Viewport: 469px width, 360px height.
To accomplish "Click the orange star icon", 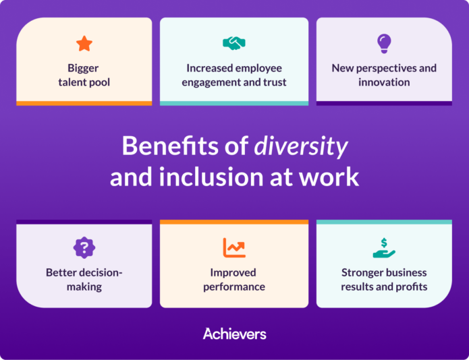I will pos(84,44).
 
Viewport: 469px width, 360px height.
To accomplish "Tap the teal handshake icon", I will pos(234,43).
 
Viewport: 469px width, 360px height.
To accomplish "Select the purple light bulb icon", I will pos(384,44).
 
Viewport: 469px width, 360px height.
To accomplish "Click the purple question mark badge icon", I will pos(84,247).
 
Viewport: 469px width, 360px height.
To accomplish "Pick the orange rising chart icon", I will pos(234,247).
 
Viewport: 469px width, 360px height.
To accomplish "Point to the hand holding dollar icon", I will pos(384,247).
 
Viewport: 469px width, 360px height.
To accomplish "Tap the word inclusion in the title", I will pos(206,177).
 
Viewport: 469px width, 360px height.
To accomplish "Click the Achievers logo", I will pos(234,334).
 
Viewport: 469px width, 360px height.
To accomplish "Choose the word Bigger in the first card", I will pos(84,68).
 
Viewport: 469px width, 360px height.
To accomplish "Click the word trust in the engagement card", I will pos(272,82).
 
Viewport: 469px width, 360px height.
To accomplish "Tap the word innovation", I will pos(384,82).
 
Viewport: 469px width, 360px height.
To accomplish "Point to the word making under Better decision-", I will pos(84,287).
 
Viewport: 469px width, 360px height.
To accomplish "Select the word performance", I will pos(234,287).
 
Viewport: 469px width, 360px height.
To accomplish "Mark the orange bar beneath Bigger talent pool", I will pos(84,103).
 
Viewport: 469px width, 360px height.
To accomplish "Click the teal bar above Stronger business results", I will pos(384,222).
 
